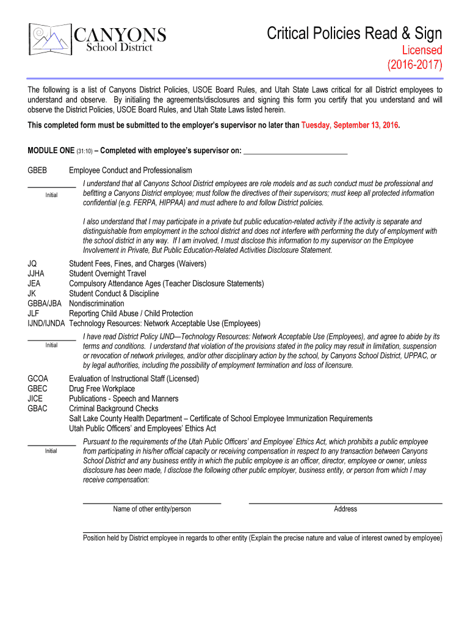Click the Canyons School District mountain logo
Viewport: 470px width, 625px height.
tap(51, 39)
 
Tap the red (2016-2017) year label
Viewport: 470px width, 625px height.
tap(415, 65)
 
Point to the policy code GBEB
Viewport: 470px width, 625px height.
tap(37, 170)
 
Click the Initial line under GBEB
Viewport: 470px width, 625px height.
tap(51, 186)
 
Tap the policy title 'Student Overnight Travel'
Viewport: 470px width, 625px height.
tap(107, 273)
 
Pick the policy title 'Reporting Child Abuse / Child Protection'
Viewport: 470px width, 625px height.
tap(131, 313)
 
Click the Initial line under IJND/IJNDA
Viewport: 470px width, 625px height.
tap(51, 338)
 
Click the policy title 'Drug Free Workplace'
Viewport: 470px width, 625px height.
tap(102, 389)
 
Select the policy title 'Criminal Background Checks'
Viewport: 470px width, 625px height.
tap(114, 408)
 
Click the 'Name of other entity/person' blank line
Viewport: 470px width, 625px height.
tap(151, 502)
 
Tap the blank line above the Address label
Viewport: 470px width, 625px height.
tap(345, 502)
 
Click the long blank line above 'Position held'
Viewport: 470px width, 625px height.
tap(262, 532)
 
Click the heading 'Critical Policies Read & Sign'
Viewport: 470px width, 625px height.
tap(354, 33)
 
